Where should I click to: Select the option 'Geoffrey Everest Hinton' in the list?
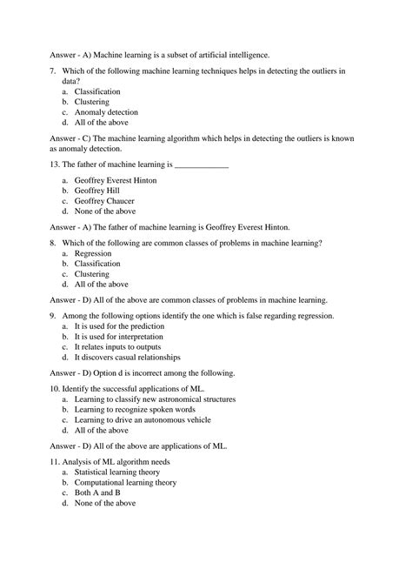tap(116, 178)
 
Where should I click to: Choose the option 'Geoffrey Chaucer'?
tap(104, 200)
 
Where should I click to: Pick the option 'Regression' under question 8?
tap(94, 252)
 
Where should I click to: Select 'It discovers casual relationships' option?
tap(128, 357)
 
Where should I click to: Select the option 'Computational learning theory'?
tap(125, 482)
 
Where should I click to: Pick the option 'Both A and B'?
tap(98, 493)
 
